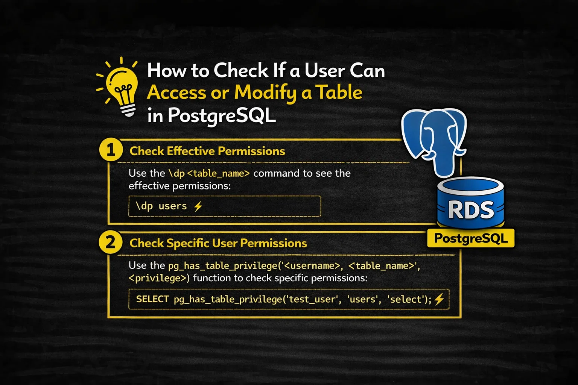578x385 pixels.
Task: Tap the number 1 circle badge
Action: (x=111, y=150)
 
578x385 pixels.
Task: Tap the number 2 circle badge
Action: (x=111, y=243)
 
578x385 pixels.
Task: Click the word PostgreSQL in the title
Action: (x=222, y=115)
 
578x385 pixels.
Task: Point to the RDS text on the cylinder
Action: (x=471, y=210)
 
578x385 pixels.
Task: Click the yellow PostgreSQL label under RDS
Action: (x=471, y=238)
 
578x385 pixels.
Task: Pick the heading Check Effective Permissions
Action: (x=207, y=151)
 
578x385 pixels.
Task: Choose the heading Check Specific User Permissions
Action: (x=218, y=243)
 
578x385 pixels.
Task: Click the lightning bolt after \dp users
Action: (x=198, y=206)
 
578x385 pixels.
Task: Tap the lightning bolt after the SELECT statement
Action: (x=439, y=299)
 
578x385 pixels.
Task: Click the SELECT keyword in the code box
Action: (x=152, y=299)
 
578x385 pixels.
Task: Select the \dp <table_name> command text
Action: (x=209, y=173)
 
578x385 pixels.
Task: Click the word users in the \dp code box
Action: (x=173, y=206)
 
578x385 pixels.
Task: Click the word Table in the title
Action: (x=339, y=93)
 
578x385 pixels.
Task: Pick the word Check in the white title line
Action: (x=241, y=71)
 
